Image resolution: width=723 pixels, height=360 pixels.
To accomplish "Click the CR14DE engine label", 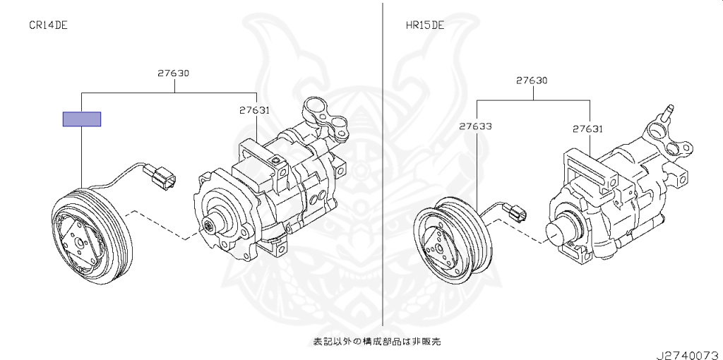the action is tap(49, 25).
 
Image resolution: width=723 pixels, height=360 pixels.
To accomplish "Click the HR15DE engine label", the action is tap(425, 25).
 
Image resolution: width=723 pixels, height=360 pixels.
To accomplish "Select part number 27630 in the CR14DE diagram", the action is tap(174, 73).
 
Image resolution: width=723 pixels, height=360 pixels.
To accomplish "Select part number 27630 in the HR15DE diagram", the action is tap(532, 80).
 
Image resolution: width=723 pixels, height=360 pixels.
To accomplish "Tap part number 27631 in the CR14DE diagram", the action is tap(254, 110).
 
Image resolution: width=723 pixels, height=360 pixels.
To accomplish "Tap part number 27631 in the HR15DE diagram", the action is tap(588, 129).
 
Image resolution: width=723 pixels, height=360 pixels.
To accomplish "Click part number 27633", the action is tap(475, 126).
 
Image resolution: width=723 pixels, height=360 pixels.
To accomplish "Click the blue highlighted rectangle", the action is tap(82, 119).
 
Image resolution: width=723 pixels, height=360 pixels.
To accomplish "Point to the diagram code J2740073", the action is tap(689, 355).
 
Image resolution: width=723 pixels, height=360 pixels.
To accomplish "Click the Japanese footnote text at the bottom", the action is tap(377, 342).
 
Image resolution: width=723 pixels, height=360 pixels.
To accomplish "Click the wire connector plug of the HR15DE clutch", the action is tap(515, 212).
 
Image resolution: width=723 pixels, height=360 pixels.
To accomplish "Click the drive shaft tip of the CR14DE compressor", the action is tap(209, 226).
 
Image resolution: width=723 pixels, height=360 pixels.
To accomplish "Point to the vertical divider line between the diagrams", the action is tap(382, 164).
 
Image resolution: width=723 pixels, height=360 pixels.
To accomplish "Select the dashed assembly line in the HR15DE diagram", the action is tap(521, 231).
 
